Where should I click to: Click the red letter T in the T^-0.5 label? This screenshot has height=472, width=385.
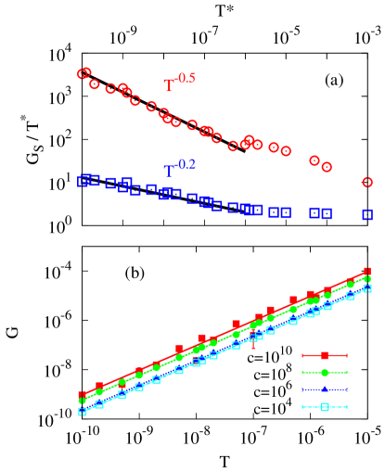[169, 85]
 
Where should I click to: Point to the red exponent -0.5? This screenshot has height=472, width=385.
[186, 78]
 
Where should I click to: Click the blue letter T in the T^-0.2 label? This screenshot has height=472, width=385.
[169, 171]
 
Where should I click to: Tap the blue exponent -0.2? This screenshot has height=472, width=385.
[186, 164]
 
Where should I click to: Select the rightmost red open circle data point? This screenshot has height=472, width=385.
[367, 183]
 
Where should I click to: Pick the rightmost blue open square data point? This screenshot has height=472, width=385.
[367, 214]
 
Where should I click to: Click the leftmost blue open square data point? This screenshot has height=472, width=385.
[83, 181]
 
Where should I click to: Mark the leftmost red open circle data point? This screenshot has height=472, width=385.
[83, 74]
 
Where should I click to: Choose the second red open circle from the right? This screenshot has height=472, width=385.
[327, 167]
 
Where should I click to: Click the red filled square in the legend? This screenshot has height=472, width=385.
[325, 355]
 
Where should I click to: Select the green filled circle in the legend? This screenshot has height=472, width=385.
[325, 373]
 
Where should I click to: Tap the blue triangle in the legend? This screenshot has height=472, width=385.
[325, 389]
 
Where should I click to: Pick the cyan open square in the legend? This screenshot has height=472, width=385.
[325, 406]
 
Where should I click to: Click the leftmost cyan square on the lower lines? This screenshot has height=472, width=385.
[82, 412]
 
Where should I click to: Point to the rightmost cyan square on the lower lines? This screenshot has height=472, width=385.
[367, 288]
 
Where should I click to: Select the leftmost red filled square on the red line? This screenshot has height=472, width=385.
[82, 395]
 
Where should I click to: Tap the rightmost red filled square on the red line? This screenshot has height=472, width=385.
[367, 272]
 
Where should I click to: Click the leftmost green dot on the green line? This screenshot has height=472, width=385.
[82, 401]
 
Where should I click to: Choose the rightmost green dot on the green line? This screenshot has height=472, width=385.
[367, 278]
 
